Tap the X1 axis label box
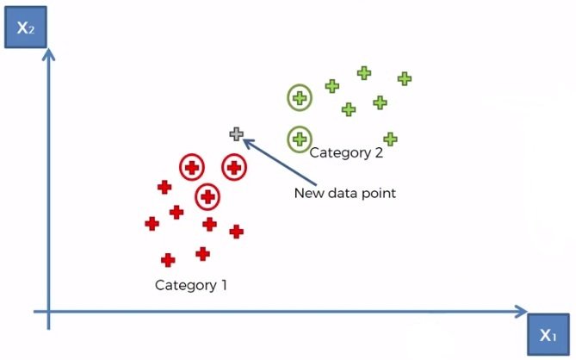548,334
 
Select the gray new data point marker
237,134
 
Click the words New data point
344,193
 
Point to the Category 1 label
191,284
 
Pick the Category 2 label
345,154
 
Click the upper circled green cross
300,98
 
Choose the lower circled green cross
300,137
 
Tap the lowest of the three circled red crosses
207,197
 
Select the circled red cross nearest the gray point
234,167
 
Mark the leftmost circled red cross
191,167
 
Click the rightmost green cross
404,78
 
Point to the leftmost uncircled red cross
152,223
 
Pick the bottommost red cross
168,259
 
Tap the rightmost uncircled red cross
236,231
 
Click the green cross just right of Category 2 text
389,139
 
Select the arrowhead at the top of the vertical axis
49,53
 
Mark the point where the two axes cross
49,311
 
